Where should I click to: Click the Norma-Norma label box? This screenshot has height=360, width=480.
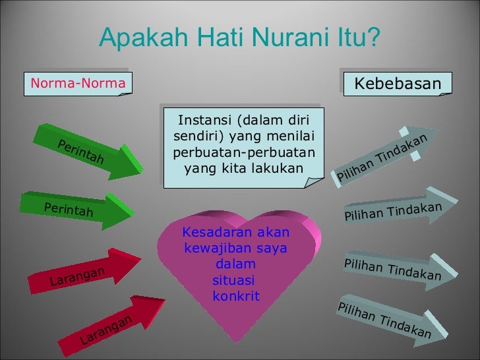click(x=77, y=84)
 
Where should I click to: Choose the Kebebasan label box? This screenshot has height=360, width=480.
click(x=397, y=84)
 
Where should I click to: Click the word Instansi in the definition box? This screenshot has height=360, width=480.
click(x=200, y=121)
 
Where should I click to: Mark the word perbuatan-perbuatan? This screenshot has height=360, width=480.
click(x=243, y=153)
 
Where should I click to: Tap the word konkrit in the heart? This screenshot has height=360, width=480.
click(x=236, y=295)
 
